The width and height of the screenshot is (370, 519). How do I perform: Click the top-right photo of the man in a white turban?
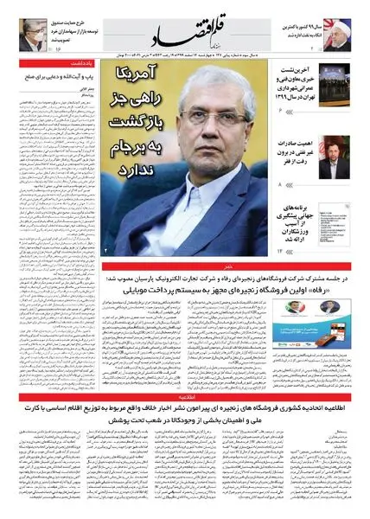tap(348, 27)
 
